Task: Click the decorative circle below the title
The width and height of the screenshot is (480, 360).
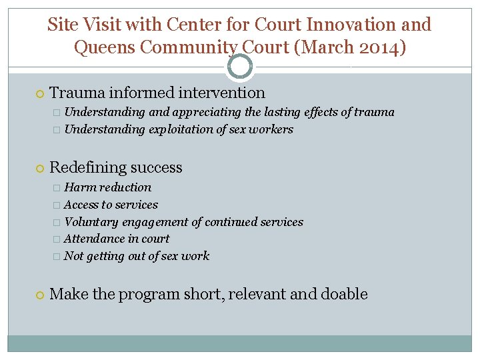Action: [240, 67]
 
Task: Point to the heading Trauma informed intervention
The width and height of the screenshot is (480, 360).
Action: [157, 93]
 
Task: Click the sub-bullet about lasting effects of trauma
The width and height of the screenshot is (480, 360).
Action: [229, 112]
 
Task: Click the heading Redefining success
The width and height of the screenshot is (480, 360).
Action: [116, 167]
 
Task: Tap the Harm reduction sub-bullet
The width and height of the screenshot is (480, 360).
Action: [107, 187]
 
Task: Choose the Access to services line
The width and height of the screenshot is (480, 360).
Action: [111, 205]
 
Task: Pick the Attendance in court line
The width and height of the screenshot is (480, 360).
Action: [117, 239]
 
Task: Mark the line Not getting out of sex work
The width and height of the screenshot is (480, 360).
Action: [136, 256]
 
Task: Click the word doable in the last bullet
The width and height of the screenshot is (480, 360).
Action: [344, 294]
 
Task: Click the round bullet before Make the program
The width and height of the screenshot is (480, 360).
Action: [40, 295]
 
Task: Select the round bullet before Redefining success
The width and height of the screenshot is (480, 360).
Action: [40, 168]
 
